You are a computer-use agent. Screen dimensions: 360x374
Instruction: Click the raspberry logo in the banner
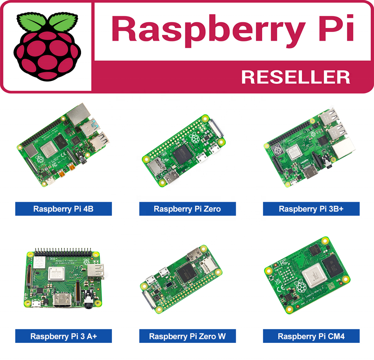(x=48, y=47)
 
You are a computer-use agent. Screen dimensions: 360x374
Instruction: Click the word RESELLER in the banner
(x=295, y=77)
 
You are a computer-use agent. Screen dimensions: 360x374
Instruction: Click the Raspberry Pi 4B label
(x=64, y=209)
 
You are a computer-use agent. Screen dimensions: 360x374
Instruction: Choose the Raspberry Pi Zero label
(x=187, y=209)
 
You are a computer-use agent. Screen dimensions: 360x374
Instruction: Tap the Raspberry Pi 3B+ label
(x=311, y=209)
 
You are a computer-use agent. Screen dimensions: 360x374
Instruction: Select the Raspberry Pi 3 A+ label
(x=64, y=336)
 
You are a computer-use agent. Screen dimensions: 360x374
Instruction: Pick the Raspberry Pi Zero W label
(x=187, y=336)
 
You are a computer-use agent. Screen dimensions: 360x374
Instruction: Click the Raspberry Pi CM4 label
(x=311, y=336)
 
